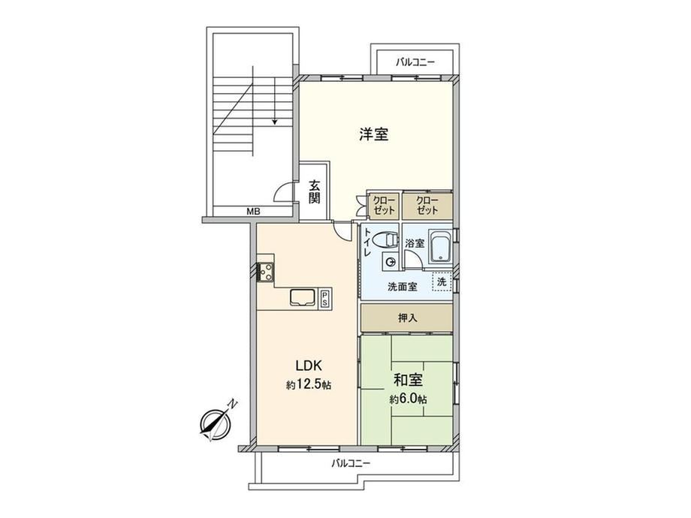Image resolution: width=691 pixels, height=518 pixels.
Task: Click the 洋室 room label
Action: point(374,134)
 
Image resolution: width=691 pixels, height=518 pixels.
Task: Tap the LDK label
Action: point(309,366)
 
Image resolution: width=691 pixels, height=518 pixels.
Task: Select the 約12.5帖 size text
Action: point(309,385)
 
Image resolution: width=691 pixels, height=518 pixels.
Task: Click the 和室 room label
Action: point(408,380)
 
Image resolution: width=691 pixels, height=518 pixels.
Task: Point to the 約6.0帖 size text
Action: point(408,399)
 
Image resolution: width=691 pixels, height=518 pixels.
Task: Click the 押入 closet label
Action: point(407,318)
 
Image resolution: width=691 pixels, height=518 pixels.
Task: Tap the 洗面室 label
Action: point(402,287)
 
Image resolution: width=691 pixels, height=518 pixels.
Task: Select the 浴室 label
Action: point(415,242)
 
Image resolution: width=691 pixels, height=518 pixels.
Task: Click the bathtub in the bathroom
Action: point(440,247)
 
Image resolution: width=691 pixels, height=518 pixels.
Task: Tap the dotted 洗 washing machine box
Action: point(442,282)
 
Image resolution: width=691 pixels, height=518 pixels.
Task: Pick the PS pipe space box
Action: point(324,298)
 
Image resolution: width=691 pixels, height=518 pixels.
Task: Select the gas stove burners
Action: point(266,271)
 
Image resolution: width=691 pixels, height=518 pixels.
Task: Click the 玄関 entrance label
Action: point(314,191)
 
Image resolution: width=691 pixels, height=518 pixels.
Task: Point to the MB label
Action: point(253,212)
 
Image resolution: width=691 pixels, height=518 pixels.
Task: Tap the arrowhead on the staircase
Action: point(275,122)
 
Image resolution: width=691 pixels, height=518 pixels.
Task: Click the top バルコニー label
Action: point(415,62)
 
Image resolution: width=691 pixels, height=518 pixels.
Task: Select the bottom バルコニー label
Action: point(351,463)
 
